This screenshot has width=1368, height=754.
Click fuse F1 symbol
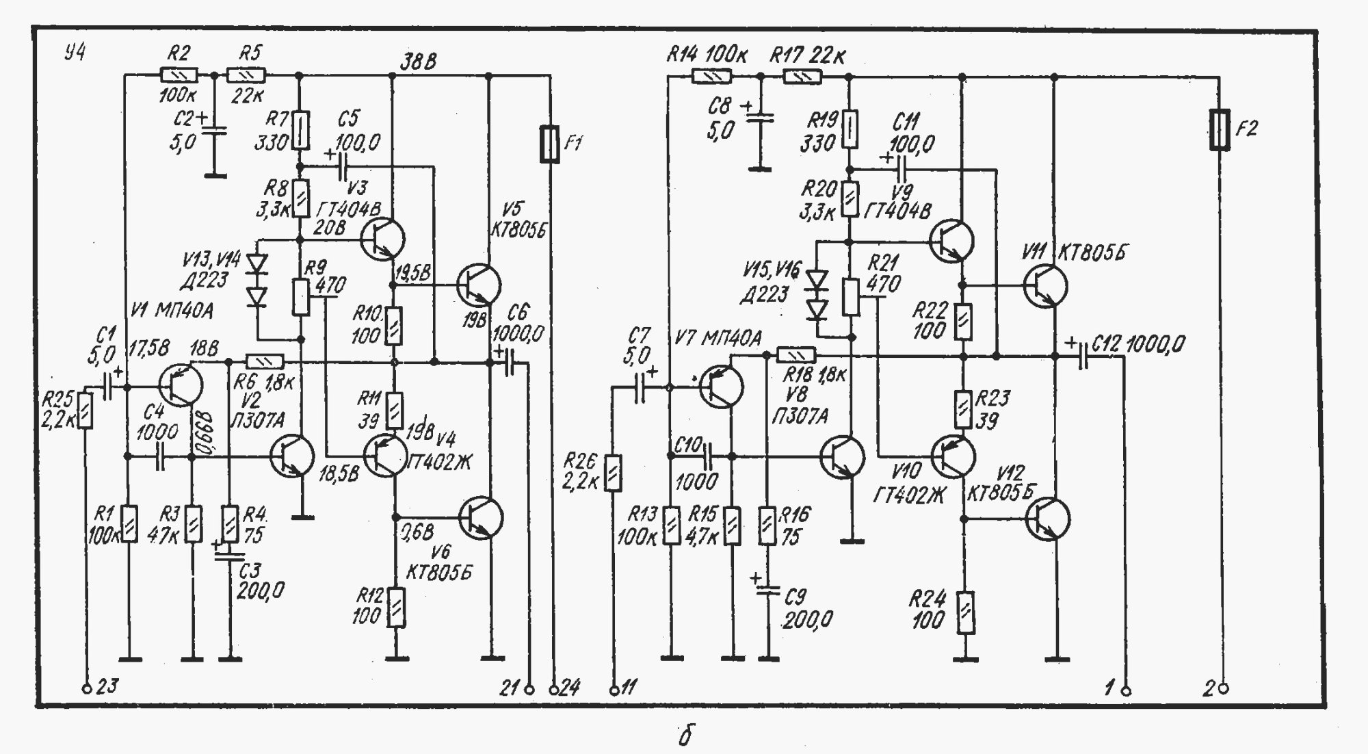click(549, 144)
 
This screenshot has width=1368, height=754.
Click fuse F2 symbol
click(1220, 129)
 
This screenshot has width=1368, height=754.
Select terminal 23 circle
click(87, 689)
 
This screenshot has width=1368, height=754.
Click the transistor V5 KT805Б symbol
click(478, 285)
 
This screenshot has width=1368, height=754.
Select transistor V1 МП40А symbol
click(181, 385)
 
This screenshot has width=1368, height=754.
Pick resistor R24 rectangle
click(965, 613)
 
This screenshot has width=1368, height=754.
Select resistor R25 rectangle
click(85, 410)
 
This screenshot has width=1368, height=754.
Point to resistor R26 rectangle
click(614, 472)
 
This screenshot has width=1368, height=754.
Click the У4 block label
click(75, 53)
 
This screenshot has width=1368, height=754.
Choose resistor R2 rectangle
click(179, 75)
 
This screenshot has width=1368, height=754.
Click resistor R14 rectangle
click(712, 76)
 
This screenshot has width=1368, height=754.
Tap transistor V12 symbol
click(1047, 519)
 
